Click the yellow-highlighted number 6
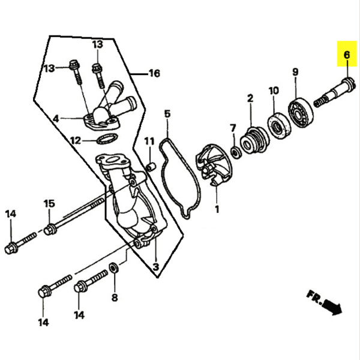click(x=347, y=55)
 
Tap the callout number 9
click(x=295, y=72)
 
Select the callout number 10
click(x=274, y=90)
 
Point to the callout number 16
click(x=154, y=73)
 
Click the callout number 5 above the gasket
click(x=167, y=114)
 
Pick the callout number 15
click(x=50, y=203)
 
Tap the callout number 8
click(x=115, y=298)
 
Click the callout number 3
click(x=156, y=267)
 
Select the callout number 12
click(x=76, y=140)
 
